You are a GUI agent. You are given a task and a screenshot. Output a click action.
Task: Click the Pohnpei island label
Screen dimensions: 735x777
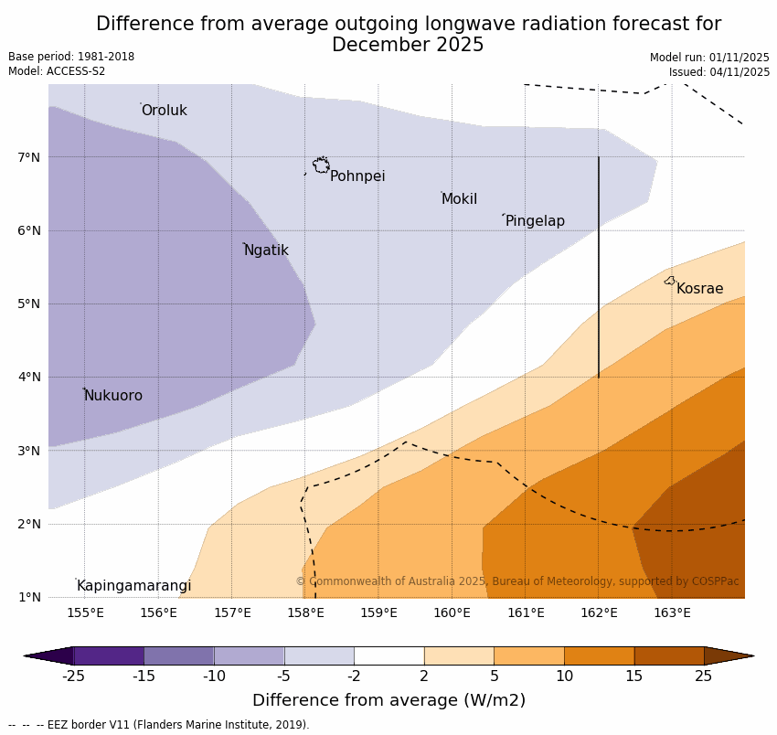(357, 176)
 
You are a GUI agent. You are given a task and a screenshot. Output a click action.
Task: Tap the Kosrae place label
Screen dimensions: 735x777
(699, 289)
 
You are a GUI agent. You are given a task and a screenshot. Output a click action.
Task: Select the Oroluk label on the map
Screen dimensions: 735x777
(164, 111)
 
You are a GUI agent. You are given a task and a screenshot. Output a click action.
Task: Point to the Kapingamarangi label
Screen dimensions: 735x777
(133, 586)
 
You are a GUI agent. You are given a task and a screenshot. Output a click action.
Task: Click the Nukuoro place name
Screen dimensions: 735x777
(112, 396)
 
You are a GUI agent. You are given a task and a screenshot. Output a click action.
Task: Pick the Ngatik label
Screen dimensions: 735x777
(266, 250)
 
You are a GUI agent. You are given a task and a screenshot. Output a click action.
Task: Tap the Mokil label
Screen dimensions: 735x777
(459, 199)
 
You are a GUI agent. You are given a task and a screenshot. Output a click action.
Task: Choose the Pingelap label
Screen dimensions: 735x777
(535, 221)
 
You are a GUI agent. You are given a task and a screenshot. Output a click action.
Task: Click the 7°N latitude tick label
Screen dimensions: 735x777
(29, 157)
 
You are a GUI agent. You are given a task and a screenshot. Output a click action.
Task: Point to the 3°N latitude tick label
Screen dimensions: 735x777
(29, 451)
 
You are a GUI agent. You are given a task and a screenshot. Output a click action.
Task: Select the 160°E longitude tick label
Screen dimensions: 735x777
(452, 612)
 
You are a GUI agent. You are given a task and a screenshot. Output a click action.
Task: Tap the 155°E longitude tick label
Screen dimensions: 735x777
(85, 612)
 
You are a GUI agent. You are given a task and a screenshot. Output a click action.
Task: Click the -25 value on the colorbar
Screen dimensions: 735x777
(73, 676)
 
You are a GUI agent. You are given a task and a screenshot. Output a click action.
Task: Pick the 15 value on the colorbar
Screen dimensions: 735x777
(634, 676)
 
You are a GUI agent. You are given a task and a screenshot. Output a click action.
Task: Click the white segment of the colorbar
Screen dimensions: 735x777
(388, 655)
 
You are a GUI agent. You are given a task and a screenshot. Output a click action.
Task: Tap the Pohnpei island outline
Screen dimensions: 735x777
(321, 165)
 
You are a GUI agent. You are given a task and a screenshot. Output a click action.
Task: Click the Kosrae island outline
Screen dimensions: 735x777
(670, 281)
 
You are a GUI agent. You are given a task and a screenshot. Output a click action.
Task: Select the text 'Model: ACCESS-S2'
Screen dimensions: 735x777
(57, 71)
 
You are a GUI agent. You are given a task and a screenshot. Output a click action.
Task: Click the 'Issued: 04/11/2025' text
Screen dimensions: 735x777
(718, 72)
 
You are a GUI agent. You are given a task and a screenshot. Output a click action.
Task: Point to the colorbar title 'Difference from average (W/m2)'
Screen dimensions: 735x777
(388, 701)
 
